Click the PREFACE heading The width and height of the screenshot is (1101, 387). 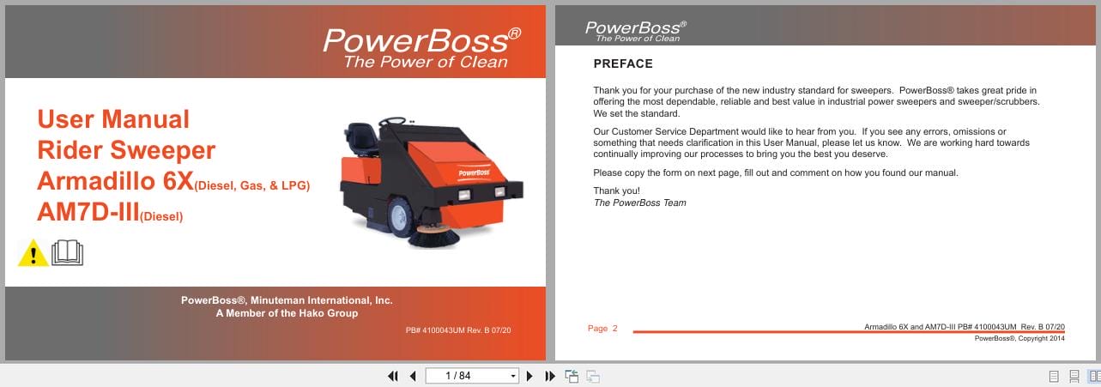coord(623,63)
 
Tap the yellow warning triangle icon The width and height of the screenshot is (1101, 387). coord(33,253)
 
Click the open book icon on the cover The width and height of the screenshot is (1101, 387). coord(68,253)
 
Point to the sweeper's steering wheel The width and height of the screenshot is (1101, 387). coord(393,122)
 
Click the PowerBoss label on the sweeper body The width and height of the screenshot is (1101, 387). coord(473,171)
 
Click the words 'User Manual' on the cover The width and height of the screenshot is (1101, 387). coord(113,119)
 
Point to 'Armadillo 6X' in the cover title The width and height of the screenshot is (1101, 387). coord(115,181)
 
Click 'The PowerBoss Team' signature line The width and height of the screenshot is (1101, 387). coord(639,203)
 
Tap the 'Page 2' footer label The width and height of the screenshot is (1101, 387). coord(602,329)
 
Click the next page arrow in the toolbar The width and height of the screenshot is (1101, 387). coord(529,376)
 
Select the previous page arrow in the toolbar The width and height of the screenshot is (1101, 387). coord(413,376)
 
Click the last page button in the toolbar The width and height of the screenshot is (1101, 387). coord(550,376)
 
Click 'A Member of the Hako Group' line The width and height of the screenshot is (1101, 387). coord(287,313)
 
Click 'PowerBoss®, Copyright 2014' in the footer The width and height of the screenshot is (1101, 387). coord(1019,338)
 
